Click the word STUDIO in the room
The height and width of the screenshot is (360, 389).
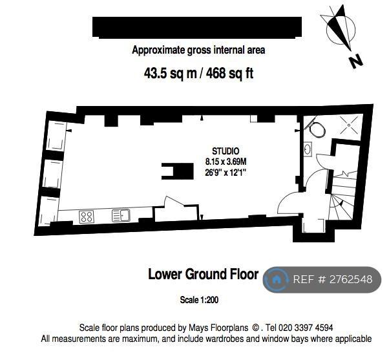(x=226, y=151)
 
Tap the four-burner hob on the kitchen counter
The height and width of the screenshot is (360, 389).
(x=87, y=217)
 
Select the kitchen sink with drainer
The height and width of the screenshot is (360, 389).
(x=121, y=215)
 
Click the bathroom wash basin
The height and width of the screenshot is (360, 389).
(x=308, y=149)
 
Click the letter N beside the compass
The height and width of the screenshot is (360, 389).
(x=356, y=61)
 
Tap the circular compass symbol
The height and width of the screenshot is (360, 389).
(x=341, y=30)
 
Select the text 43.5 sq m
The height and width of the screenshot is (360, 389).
(x=170, y=74)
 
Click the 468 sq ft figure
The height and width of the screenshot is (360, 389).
(x=229, y=74)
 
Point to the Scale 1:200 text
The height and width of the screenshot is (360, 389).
(x=199, y=300)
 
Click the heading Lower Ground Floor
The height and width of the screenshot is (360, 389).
(x=203, y=275)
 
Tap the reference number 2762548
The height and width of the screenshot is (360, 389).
(x=351, y=280)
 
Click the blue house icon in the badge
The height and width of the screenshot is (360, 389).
(x=275, y=280)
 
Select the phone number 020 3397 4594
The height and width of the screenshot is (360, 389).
(x=306, y=328)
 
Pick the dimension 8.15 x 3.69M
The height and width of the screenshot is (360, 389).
(x=226, y=162)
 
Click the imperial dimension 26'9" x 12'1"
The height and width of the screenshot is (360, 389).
(x=226, y=172)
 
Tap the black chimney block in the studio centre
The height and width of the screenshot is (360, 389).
(x=178, y=171)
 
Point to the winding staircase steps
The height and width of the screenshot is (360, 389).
(x=342, y=198)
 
